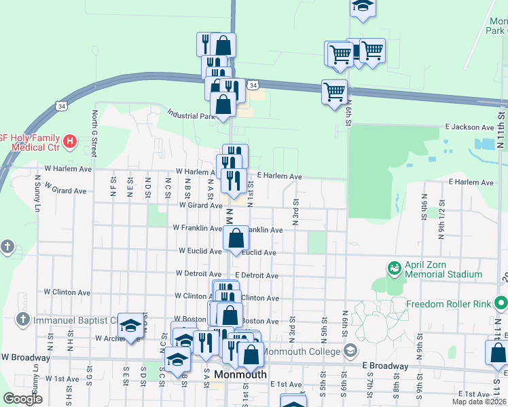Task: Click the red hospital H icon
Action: pos(69,142)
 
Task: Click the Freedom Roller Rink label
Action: pos(450,303)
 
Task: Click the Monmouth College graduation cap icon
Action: pos(350,351)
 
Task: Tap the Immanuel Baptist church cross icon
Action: pos(22,319)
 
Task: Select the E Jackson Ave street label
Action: pos(469,127)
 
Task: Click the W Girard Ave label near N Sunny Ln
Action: pos(65,191)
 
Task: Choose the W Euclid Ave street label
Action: pos(200,250)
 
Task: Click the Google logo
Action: pos(23,398)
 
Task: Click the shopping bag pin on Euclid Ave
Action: pos(236,239)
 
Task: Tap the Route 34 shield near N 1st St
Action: pos(253,85)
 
